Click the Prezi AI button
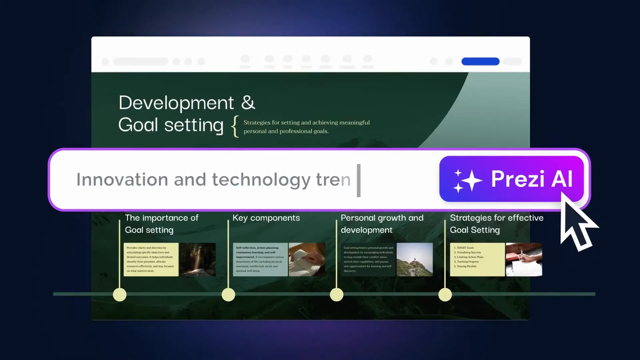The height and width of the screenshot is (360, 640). (x=511, y=179)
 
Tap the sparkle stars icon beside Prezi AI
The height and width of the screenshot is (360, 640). (x=467, y=181)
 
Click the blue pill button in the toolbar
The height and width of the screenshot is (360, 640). (x=480, y=61)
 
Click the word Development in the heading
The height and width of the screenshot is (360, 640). (x=176, y=103)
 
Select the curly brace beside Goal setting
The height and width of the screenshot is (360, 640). (x=235, y=126)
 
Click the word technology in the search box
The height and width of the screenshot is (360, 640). (x=261, y=180)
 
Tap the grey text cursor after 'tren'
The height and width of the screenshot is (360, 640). (x=359, y=180)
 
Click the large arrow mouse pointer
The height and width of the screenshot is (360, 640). (x=577, y=223)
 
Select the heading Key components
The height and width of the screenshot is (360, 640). (x=266, y=218)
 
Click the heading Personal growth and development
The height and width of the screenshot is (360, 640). (x=382, y=224)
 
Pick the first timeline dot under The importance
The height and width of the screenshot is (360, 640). (x=120, y=295)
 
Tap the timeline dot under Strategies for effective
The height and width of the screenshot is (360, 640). (x=445, y=295)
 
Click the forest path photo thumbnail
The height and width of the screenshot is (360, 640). (x=198, y=259)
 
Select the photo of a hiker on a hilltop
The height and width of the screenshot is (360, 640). (x=415, y=259)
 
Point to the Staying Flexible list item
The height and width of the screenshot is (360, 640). (x=466, y=266)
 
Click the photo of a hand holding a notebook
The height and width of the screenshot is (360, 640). (x=307, y=259)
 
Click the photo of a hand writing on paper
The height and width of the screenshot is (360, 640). (x=524, y=259)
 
